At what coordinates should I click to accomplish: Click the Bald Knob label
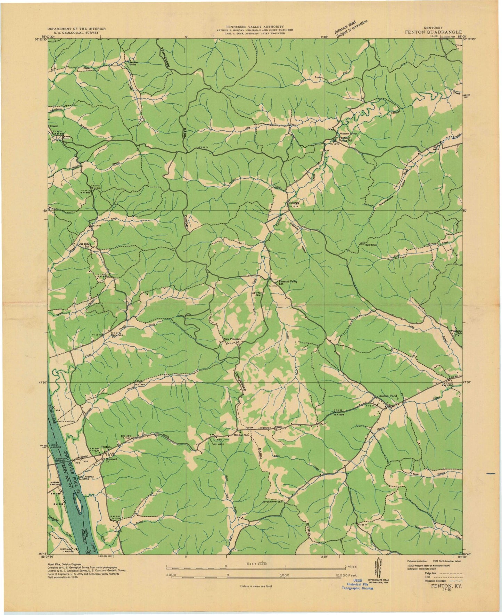click(371, 244)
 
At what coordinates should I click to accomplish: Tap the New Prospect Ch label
click(232, 339)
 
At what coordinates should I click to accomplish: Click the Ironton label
click(54, 127)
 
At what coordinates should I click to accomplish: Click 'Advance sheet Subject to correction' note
click(351, 31)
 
